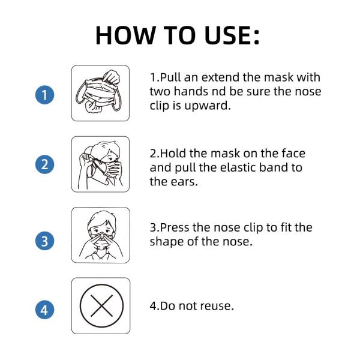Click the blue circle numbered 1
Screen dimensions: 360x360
[44, 95]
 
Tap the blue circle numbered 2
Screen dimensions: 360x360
[44, 165]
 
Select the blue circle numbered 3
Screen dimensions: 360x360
[44, 241]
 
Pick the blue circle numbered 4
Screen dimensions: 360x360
[44, 310]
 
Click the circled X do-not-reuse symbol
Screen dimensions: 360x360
[100, 305]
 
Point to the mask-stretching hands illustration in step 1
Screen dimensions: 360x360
[100, 93]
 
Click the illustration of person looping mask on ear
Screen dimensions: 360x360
[100, 164]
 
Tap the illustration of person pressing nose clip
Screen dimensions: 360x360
[100, 235]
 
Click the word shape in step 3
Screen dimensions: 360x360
[166, 242]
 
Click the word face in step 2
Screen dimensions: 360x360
[292, 154]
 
